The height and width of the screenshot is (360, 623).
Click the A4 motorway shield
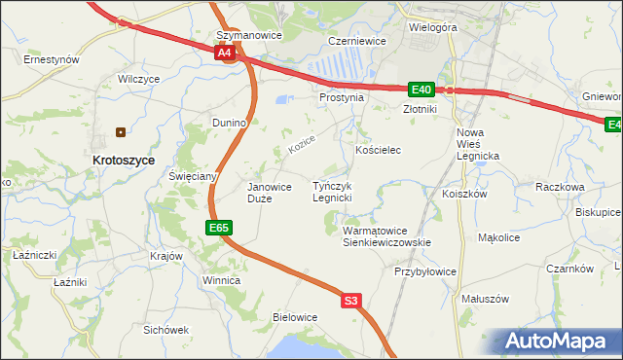click(x=225, y=54)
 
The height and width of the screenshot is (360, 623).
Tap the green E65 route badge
click(x=219, y=228)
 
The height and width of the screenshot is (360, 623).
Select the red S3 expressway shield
click(x=352, y=302)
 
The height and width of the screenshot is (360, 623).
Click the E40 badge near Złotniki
click(x=421, y=90)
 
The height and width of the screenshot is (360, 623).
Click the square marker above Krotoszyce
click(x=122, y=131)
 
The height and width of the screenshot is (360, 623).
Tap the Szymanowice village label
click(x=248, y=35)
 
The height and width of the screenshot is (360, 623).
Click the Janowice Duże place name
click(x=270, y=192)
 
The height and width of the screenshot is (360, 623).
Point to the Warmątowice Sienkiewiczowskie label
click(x=386, y=236)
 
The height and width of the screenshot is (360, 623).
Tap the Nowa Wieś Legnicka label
click(x=477, y=144)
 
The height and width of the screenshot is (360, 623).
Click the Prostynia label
click(x=342, y=97)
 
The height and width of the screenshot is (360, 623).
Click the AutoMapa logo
click(x=558, y=342)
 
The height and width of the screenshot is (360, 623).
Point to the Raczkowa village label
click(x=559, y=186)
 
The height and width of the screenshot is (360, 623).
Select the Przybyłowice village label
click(x=425, y=272)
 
